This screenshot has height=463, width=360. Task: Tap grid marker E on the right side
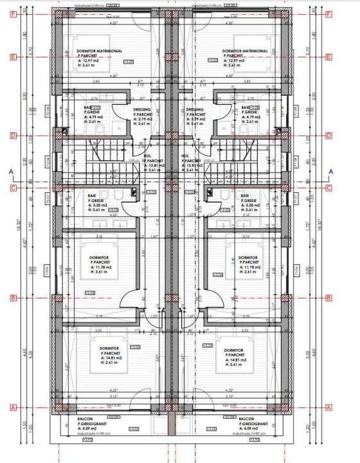329,57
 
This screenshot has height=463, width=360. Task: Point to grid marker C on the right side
329,188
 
